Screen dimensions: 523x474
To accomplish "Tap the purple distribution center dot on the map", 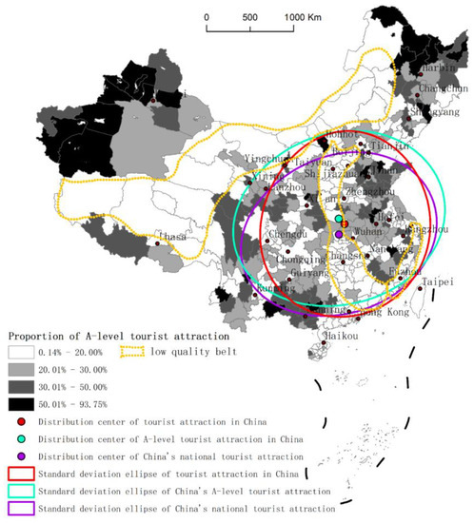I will point(339,234).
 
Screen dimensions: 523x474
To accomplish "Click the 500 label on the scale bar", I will point(249,17).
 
